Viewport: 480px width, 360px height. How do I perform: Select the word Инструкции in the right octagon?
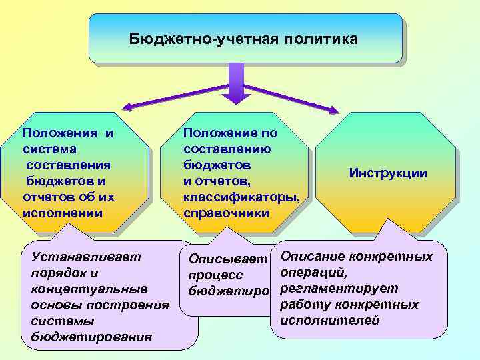387,173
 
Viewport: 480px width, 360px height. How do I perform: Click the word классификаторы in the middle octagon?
241,197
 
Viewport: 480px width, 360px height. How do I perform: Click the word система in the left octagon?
49,149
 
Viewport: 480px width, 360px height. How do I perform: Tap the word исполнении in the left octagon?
63,213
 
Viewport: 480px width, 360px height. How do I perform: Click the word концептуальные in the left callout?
89,289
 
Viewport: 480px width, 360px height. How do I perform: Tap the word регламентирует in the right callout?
339,289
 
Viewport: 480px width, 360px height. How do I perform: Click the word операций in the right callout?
314,273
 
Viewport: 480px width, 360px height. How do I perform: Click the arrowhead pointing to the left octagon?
127,106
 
